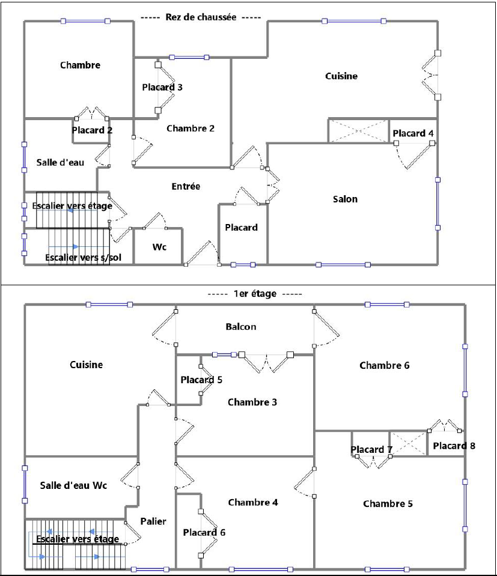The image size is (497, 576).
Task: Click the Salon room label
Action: tap(345, 199)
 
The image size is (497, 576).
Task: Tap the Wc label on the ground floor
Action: tap(159, 247)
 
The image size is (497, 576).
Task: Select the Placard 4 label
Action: tap(413, 133)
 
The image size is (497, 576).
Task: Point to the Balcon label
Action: tap(241, 327)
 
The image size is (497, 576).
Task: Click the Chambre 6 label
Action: tap(385, 365)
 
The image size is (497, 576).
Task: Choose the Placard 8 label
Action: tap(454, 446)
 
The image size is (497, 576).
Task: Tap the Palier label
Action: tap(154, 521)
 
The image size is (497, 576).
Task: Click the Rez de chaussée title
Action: tap(201, 17)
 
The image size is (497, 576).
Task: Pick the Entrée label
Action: tap(186, 187)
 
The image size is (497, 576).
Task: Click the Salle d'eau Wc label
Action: tap(74, 486)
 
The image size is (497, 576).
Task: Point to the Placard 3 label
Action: tap(162, 87)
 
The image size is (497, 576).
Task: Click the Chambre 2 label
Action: tap(191, 128)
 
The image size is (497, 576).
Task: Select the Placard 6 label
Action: tap(204, 532)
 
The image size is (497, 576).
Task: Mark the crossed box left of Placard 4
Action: tap(358, 131)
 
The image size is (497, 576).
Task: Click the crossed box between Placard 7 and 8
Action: tap(409, 444)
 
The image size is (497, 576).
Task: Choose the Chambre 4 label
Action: tap(253, 502)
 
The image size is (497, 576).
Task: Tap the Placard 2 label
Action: tap(92, 130)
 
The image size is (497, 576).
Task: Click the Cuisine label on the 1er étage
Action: tap(87, 365)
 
